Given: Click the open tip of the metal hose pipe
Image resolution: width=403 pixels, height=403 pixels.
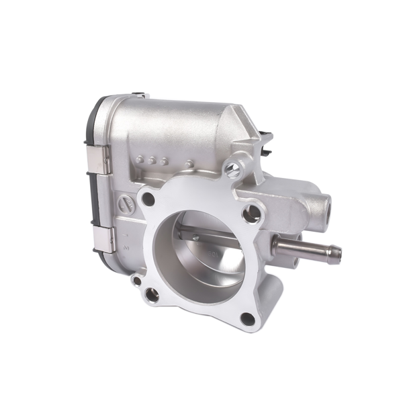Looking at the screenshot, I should coord(335,253).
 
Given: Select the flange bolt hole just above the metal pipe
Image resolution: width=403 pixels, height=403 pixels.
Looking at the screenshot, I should coord(254,214).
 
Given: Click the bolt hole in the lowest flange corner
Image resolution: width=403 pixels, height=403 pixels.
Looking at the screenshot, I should coord(247,318).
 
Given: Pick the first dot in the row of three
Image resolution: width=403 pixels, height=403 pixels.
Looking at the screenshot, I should coord(140,159).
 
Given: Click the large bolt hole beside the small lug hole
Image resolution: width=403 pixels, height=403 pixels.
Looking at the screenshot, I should coord(153,293).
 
